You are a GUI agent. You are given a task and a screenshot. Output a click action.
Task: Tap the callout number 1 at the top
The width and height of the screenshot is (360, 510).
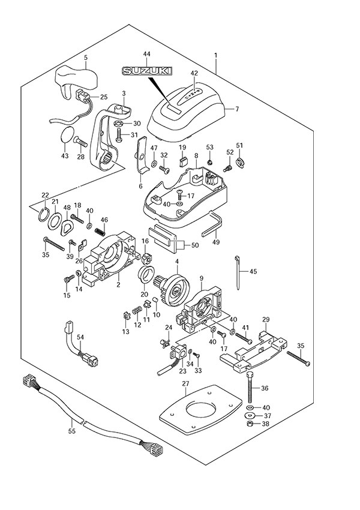click(x=215, y=55)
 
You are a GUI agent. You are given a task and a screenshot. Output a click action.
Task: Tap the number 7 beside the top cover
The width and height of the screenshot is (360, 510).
click(x=236, y=109)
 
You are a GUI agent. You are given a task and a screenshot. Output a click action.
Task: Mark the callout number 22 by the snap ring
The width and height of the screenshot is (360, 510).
click(x=45, y=194)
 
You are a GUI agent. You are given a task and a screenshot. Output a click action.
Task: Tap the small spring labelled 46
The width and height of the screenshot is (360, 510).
click(x=103, y=228)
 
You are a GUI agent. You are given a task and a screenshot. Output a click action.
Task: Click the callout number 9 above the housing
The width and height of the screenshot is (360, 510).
click(x=202, y=278)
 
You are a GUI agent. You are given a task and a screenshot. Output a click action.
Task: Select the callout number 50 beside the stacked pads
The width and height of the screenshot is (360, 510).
click(x=194, y=245)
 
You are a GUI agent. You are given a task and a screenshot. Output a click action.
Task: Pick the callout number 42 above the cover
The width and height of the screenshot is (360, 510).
click(x=194, y=73)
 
